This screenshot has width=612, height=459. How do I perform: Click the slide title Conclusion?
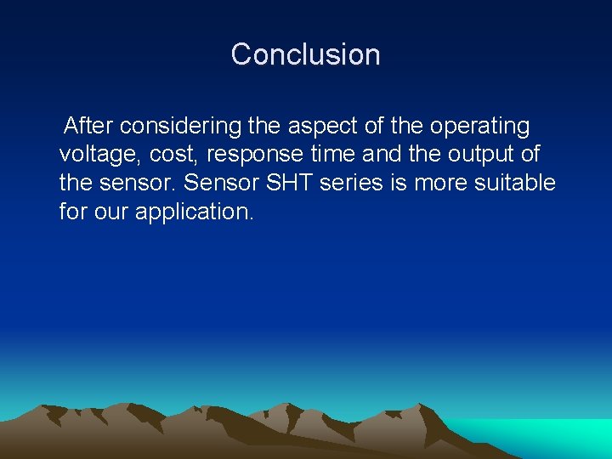(305, 54)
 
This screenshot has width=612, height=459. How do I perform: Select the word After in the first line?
(89, 127)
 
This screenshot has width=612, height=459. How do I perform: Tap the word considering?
(181, 127)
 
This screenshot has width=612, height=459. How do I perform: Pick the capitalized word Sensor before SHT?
(222, 184)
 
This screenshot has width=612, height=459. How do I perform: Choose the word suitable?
(517, 184)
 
